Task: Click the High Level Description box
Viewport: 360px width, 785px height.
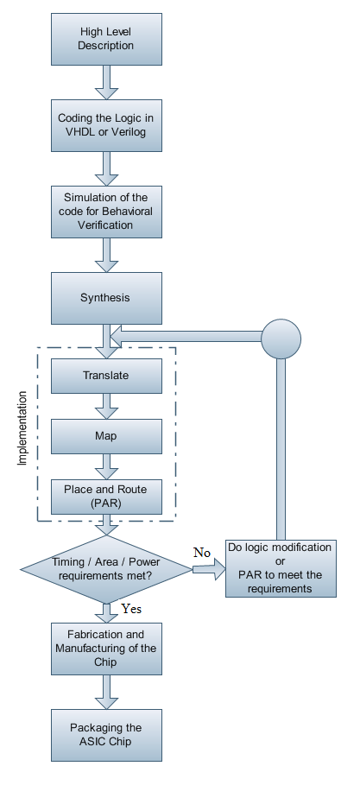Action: (x=106, y=37)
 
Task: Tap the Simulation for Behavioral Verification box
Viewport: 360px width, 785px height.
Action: (x=106, y=212)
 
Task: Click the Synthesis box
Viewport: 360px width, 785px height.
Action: (x=106, y=298)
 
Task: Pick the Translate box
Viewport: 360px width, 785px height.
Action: (x=106, y=376)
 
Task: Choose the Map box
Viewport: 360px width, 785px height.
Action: (x=106, y=435)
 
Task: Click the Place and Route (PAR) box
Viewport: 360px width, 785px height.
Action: (x=106, y=496)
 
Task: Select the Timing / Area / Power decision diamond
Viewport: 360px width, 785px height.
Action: (x=106, y=567)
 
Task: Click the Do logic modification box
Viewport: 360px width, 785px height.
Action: (x=279, y=567)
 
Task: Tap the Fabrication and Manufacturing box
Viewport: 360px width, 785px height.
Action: (x=106, y=649)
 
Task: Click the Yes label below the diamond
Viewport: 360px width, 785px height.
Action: (x=132, y=608)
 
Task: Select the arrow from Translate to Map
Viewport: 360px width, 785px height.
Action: (x=106, y=405)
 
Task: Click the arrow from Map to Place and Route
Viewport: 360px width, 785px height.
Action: (x=106, y=465)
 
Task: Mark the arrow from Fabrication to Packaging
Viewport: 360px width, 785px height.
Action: (x=106, y=692)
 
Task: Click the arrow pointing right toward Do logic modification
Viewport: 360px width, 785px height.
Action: (x=208, y=569)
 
